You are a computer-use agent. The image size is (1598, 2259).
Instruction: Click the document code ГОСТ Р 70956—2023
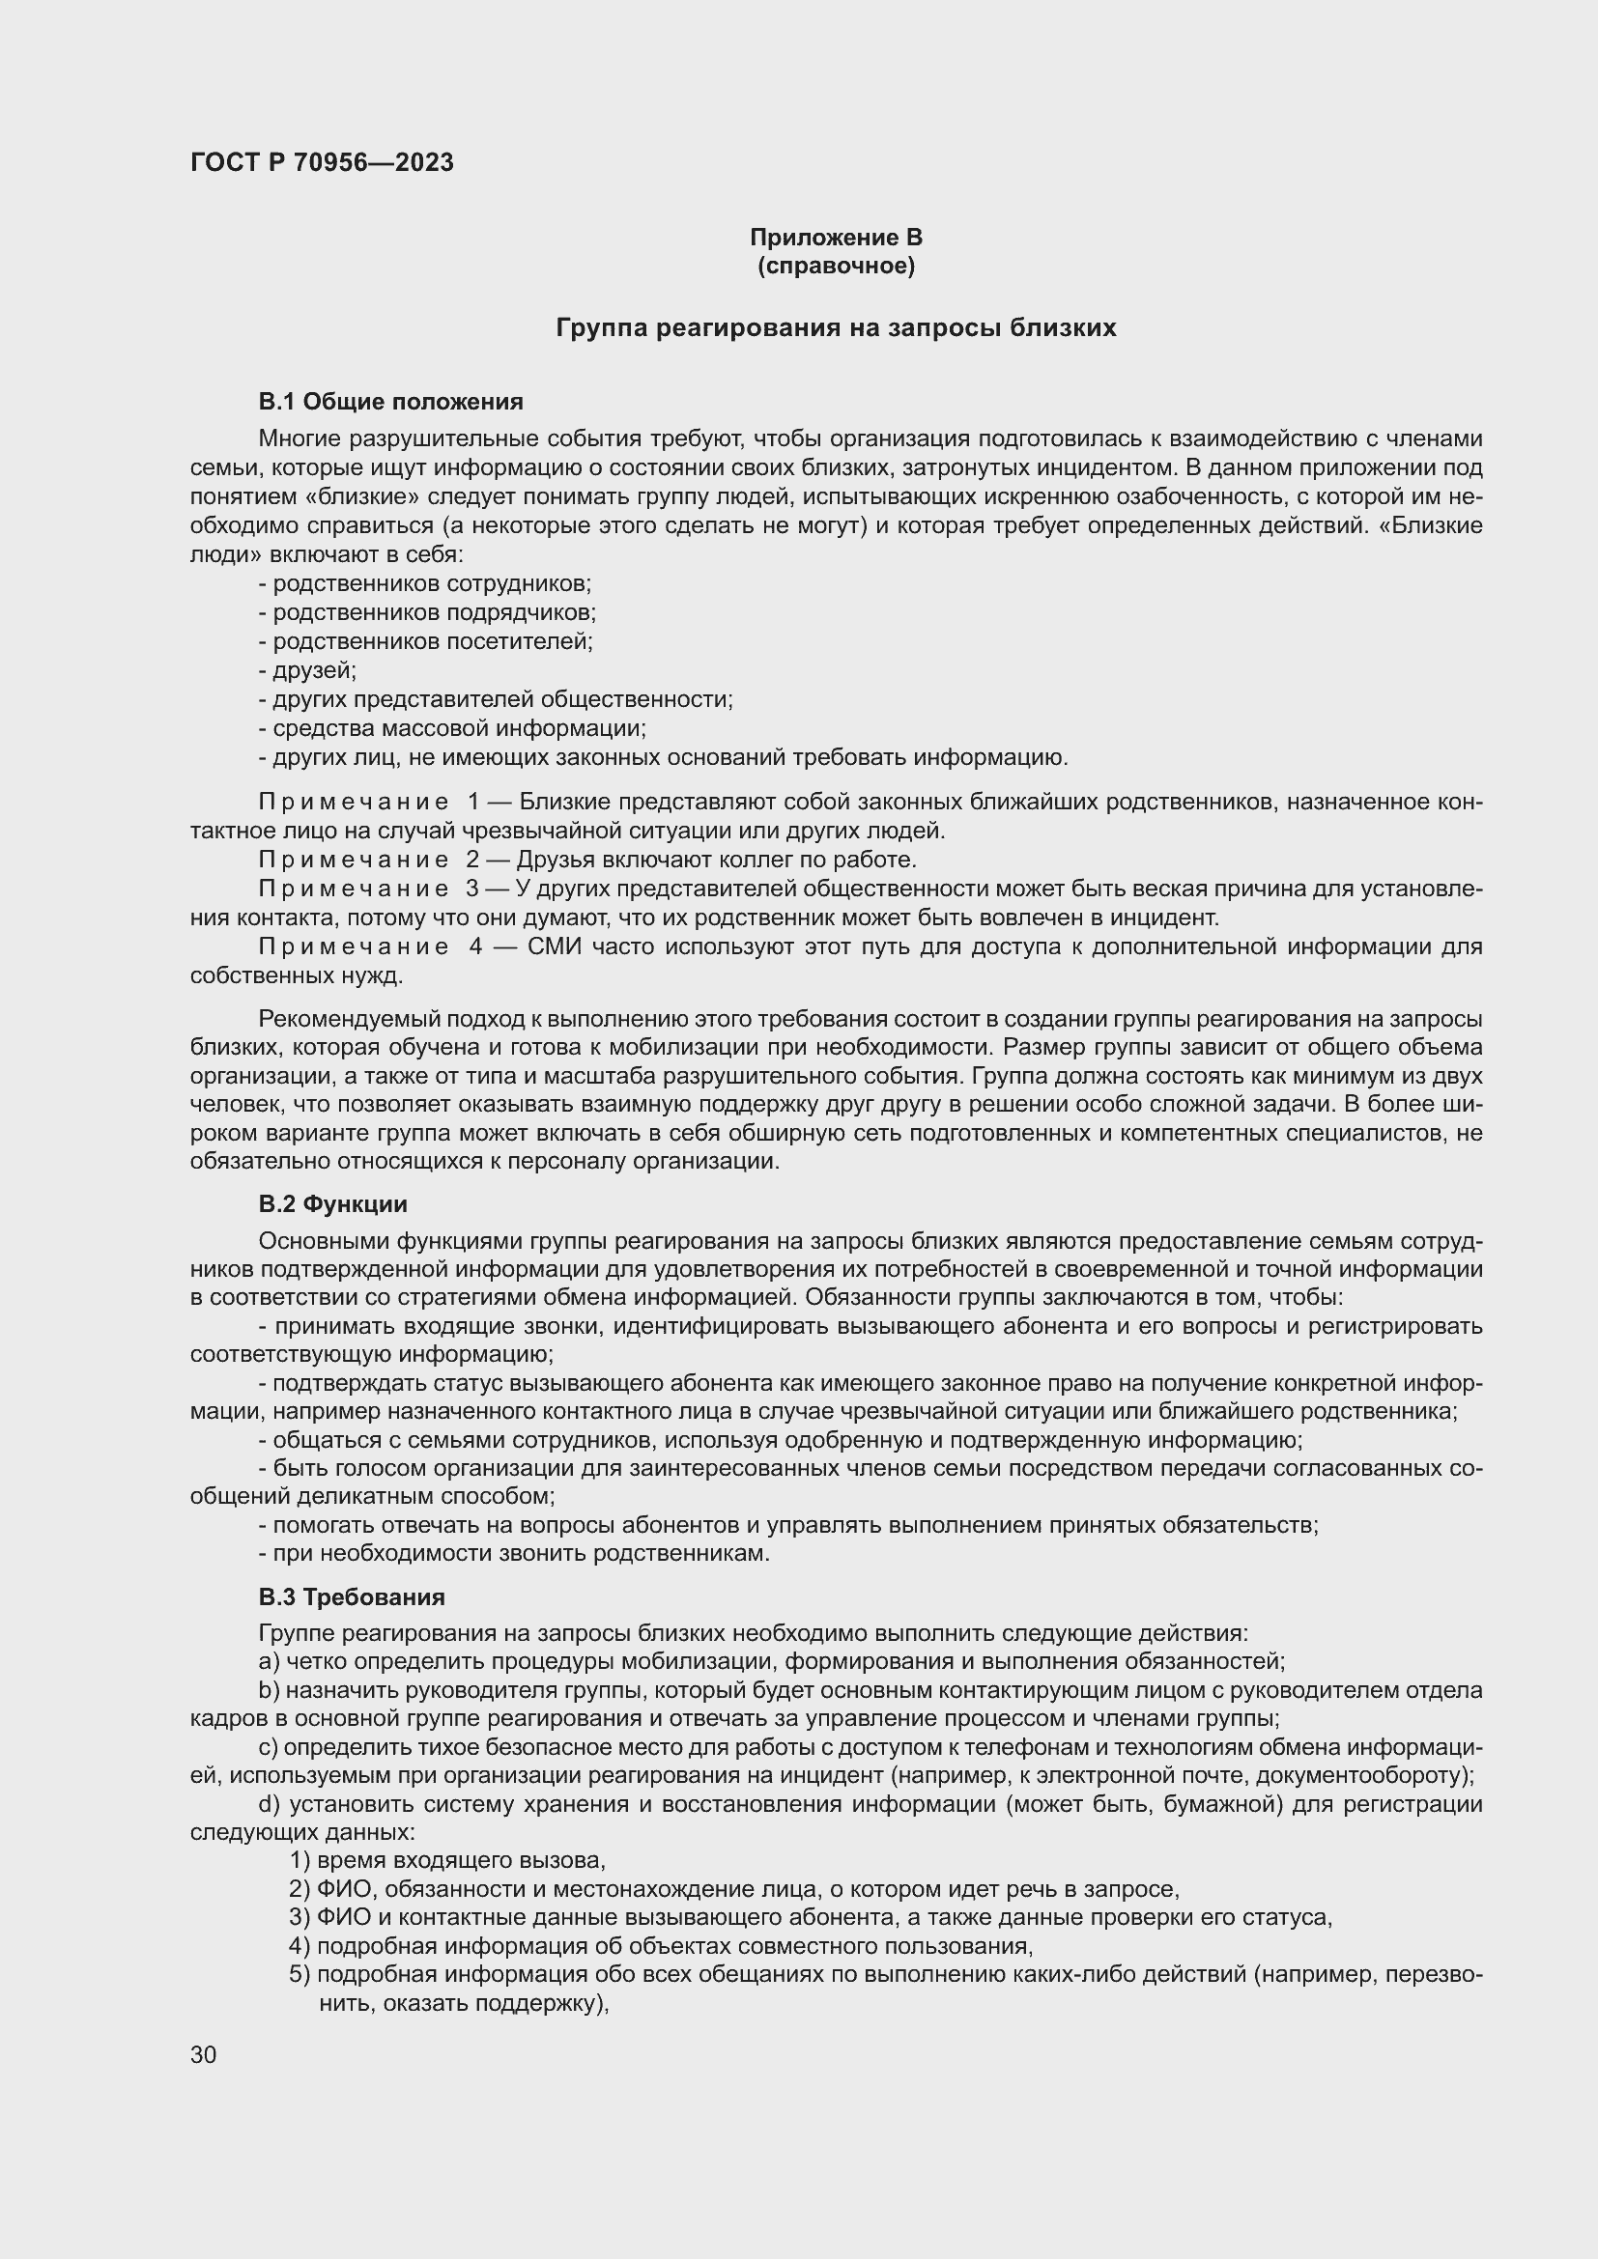tap(322, 162)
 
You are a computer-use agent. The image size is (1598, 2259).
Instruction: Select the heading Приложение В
tap(836, 238)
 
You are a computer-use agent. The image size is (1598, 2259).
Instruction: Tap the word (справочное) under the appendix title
tap(836, 267)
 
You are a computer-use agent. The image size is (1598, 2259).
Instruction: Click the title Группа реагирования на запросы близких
tap(836, 327)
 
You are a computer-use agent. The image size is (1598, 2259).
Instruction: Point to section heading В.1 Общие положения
tap(390, 402)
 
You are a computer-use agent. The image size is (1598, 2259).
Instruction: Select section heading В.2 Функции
tap(332, 1204)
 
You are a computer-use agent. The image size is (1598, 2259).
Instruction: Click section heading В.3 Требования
tap(352, 1596)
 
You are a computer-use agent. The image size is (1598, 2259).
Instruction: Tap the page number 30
tap(204, 2055)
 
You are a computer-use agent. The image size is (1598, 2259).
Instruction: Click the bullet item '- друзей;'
tap(307, 671)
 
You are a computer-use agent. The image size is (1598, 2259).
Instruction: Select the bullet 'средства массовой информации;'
tap(459, 729)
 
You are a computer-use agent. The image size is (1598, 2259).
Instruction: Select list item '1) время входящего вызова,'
tap(447, 1859)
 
